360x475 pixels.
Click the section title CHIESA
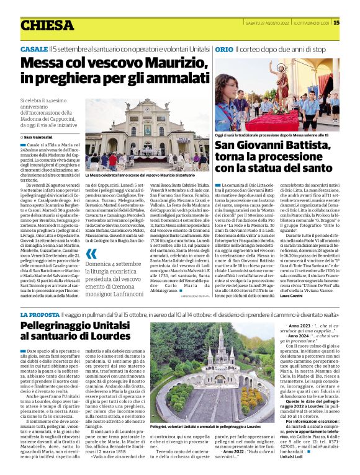click(x=47, y=25)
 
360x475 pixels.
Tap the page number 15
click(x=354, y=23)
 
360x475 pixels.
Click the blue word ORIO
click(x=224, y=48)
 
